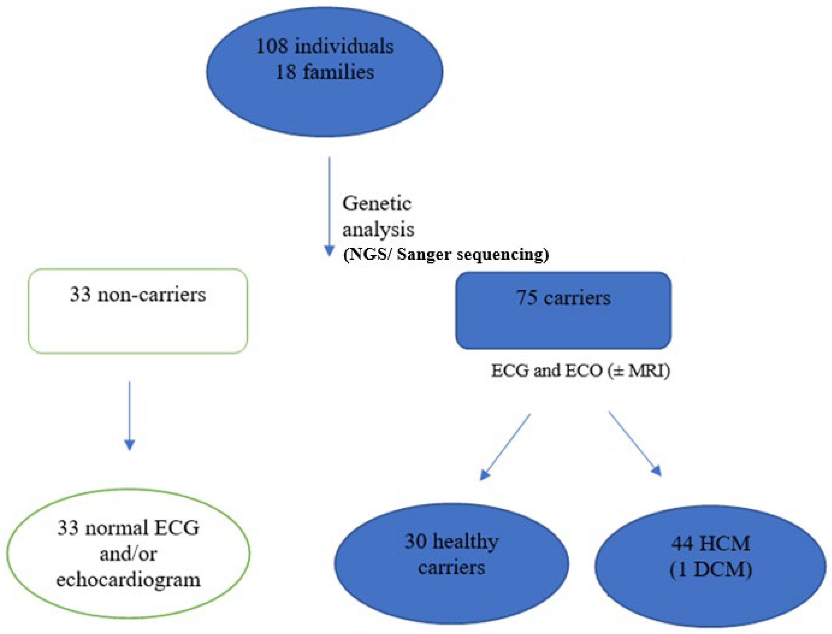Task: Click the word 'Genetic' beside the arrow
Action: point(376,204)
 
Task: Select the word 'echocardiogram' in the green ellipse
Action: point(128,580)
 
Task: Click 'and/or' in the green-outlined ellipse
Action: point(128,554)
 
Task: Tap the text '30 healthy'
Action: point(451,542)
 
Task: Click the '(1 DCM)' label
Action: point(711,570)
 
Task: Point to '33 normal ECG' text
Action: point(128,528)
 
